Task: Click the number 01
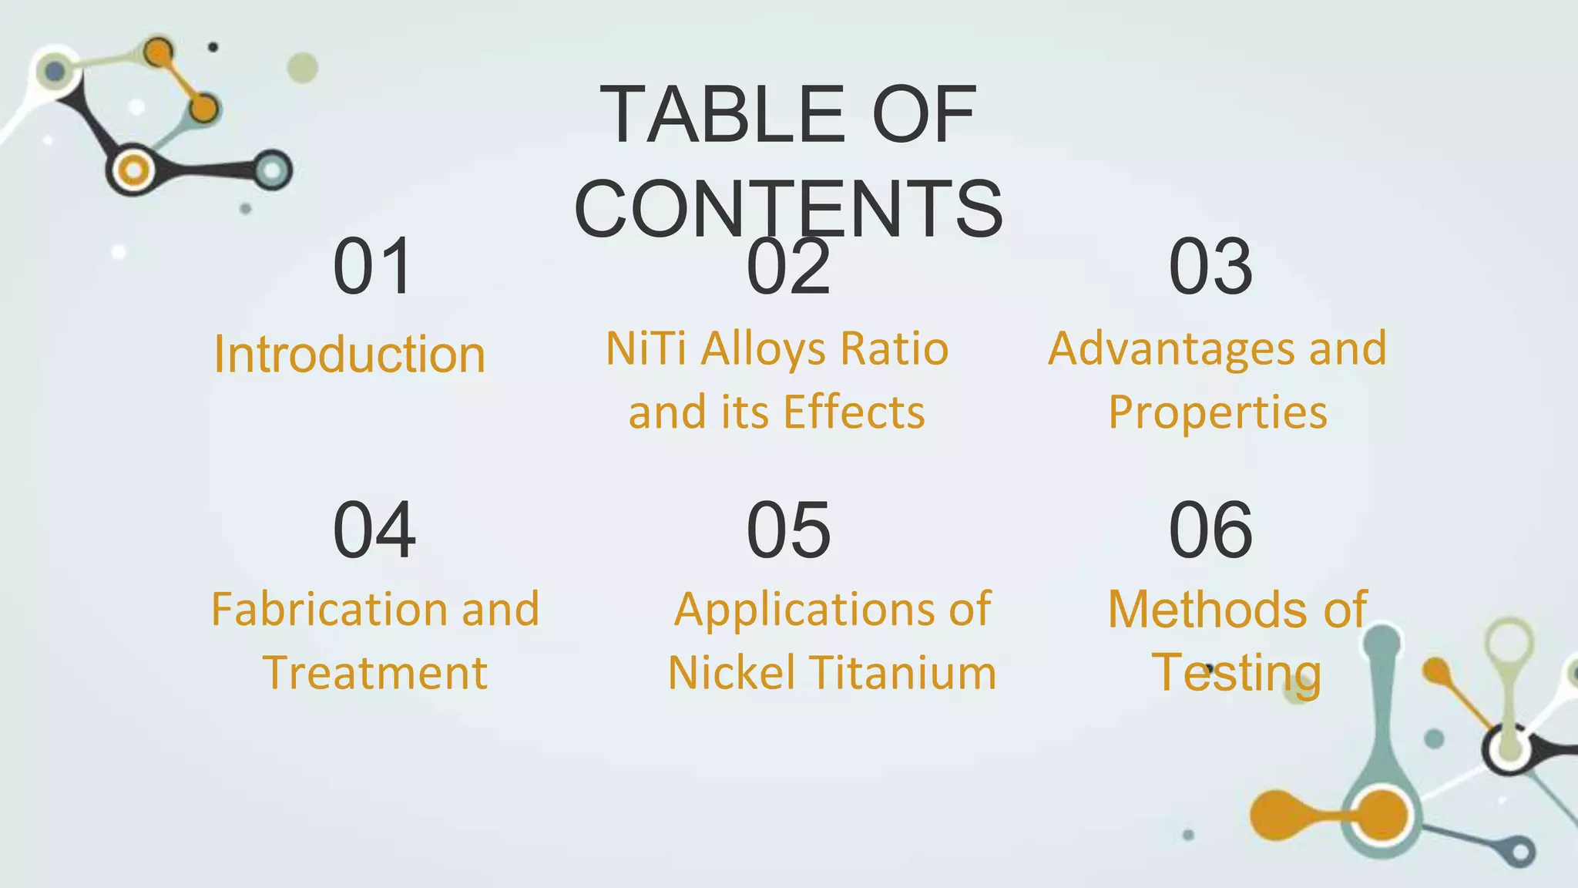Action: [x=374, y=267]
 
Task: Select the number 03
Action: [x=1210, y=267]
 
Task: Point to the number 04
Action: [x=374, y=530]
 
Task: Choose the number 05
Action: [x=788, y=530]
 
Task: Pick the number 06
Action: [x=1210, y=530]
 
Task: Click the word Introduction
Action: [x=350, y=355]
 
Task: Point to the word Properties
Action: [x=1217, y=412]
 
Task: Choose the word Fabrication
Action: [x=328, y=610]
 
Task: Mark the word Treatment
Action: [x=375, y=673]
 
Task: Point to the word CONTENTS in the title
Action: [x=788, y=209]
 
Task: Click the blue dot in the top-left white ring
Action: [x=55, y=72]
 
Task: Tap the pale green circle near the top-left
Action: [x=302, y=68]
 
